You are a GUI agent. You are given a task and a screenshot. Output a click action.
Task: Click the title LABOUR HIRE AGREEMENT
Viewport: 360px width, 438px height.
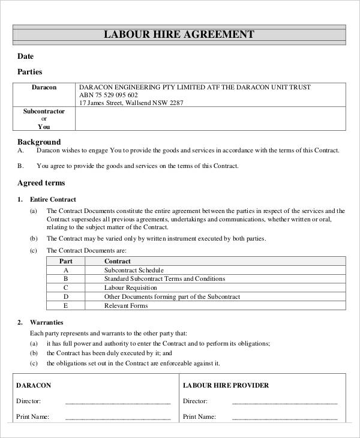[179, 34]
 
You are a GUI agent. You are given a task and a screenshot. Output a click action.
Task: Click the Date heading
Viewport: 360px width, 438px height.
[25, 56]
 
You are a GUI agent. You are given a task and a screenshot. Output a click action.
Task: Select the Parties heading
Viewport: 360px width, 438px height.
[29, 72]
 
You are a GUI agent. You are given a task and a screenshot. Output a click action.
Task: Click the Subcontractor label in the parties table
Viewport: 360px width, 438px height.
[44, 112]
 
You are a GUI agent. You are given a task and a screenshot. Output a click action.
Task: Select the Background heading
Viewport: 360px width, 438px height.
[39, 142]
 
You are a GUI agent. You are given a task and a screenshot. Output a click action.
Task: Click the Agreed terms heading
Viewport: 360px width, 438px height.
[41, 182]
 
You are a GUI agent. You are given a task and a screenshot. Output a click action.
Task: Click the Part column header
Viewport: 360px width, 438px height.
[65, 262]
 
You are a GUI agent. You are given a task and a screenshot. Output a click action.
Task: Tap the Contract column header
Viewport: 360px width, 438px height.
[118, 262]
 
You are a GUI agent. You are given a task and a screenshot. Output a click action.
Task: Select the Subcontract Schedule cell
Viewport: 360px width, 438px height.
[133, 271]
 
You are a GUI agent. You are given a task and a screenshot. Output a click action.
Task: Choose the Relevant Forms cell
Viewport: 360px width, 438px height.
[126, 305]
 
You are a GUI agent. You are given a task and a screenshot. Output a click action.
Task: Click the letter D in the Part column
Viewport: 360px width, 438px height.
[65, 296]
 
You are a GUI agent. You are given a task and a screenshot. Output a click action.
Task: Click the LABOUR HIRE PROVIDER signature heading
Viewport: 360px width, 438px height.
[226, 385]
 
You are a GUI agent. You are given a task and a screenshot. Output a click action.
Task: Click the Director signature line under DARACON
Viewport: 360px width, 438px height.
[118, 401]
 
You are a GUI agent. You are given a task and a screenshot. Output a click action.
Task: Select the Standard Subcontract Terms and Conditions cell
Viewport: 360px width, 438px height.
[164, 279]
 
